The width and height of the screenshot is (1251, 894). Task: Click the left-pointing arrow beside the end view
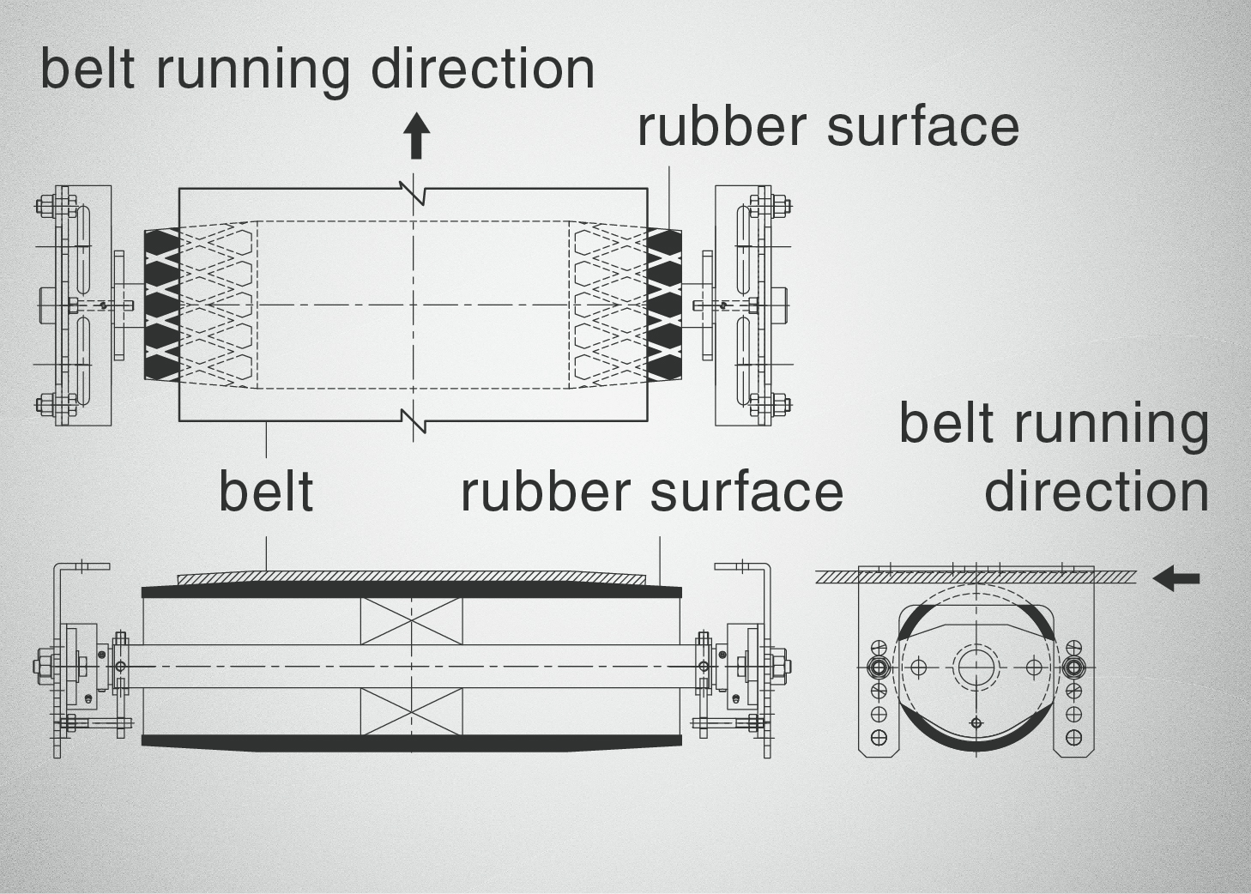pyautogui.click(x=1175, y=578)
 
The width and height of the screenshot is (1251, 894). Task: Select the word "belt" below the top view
pyautogui.click(x=266, y=492)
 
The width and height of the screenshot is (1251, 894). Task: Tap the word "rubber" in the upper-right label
pyautogui.click(x=722, y=126)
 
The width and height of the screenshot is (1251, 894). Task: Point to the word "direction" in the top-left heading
pyautogui.click(x=482, y=69)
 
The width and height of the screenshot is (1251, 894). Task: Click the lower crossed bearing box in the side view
pyautogui.click(x=411, y=711)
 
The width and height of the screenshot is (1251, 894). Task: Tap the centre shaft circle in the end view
pyautogui.click(x=976, y=667)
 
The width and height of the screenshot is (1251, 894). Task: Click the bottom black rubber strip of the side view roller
pyautogui.click(x=412, y=741)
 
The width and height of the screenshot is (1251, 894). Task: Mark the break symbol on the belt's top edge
pyautogui.click(x=414, y=190)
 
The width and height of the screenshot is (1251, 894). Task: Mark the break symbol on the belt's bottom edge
pyautogui.click(x=414, y=420)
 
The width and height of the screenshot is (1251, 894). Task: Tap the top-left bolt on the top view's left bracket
pyautogui.click(x=45, y=206)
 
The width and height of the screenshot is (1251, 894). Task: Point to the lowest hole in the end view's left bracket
pyautogui.click(x=879, y=737)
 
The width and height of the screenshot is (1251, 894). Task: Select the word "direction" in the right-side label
pyautogui.click(x=1096, y=492)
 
